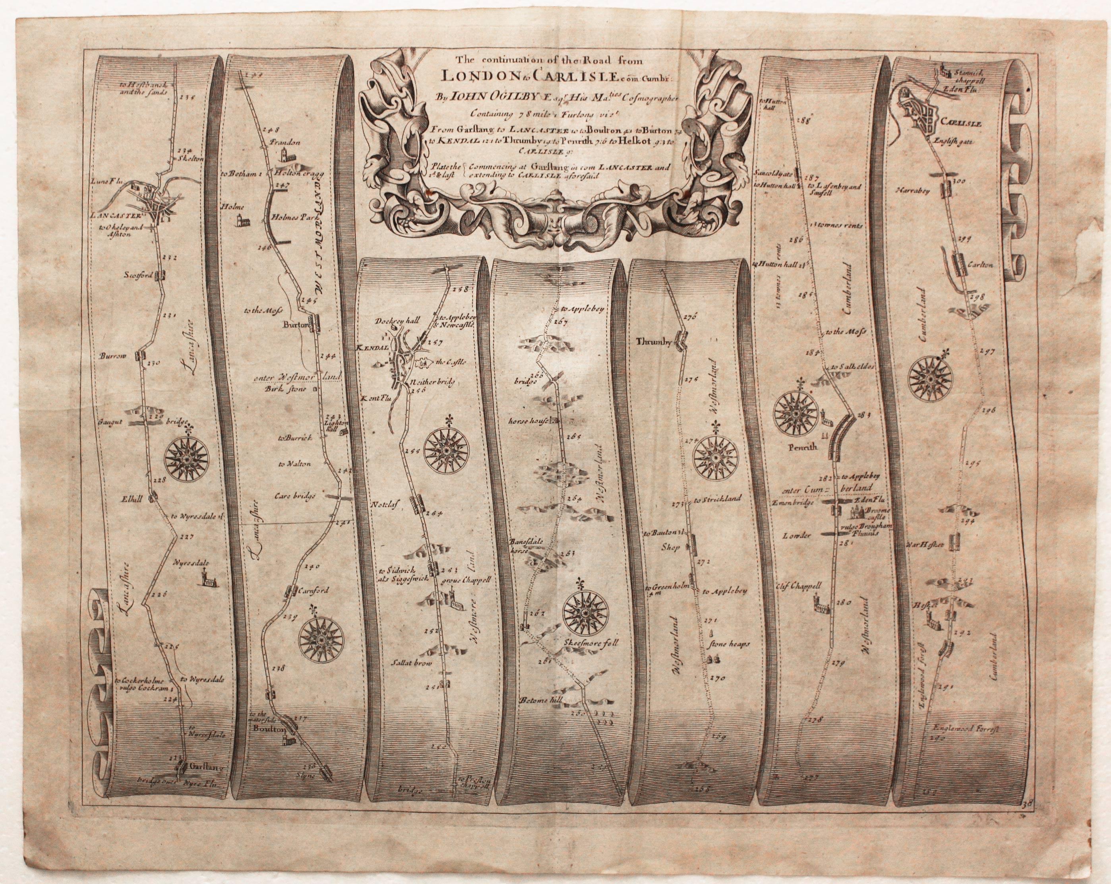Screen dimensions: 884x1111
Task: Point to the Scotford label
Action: (137, 275)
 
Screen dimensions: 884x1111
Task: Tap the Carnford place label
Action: (311, 591)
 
